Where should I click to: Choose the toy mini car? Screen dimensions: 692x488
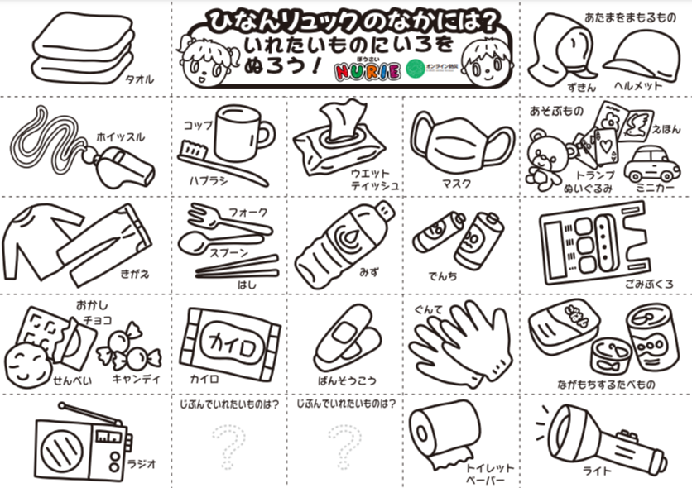click(x=651, y=164)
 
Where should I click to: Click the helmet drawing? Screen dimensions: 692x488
click(x=640, y=57)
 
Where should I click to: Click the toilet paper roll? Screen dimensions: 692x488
click(x=443, y=431)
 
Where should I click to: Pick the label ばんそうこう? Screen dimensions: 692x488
click(x=346, y=380)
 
